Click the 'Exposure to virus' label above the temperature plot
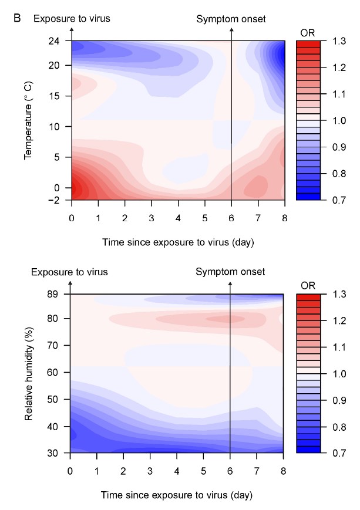[72, 19]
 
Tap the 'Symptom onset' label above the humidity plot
[230, 272]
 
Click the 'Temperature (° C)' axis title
[28, 120]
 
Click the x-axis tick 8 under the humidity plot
[284, 471]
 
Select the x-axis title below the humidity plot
[177, 494]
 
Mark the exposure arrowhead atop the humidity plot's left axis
[70, 283]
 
